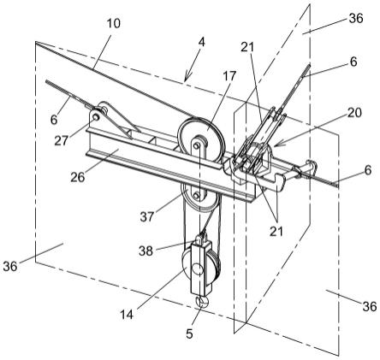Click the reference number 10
[114, 23]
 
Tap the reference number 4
[201, 42]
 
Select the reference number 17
[230, 76]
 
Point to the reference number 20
[354, 113]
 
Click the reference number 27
[62, 140]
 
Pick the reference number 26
[78, 177]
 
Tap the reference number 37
[147, 217]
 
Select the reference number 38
[146, 251]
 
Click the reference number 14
[127, 315]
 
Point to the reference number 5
[189, 333]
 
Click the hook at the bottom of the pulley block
[201, 302]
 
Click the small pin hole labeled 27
[96, 116]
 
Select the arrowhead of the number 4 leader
[186, 79]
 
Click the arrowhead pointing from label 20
[276, 145]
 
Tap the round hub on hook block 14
[197, 269]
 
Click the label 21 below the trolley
[276, 231]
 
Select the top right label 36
[356, 19]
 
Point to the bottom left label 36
[10, 267]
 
